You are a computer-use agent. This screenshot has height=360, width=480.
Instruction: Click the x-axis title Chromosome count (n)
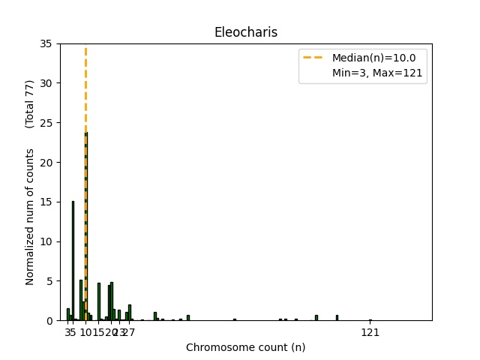pyautogui.click(x=245, y=347)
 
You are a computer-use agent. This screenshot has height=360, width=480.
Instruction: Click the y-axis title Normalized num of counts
pyautogui.click(x=30, y=217)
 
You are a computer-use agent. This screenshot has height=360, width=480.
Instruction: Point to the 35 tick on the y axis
pyautogui.click(x=46, y=43)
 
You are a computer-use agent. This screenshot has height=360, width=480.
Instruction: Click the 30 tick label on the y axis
pyautogui.click(x=46, y=83)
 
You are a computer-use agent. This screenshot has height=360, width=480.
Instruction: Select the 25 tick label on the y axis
pyautogui.click(x=46, y=123)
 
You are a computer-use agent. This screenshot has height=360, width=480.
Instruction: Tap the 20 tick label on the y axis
pyautogui.click(x=46, y=163)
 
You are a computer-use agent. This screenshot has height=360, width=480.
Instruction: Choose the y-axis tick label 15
pyautogui.click(x=46, y=202)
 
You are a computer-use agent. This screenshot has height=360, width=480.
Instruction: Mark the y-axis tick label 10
pyautogui.click(x=46, y=241)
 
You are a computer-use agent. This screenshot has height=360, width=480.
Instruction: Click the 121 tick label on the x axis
pyautogui.click(x=370, y=332)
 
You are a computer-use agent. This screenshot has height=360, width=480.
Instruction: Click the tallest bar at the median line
pyautogui.click(x=85, y=225)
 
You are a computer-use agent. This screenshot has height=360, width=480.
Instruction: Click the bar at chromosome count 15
pyautogui.click(x=98, y=302)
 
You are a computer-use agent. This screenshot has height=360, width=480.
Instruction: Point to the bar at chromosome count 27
pyautogui.click(x=130, y=313)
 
